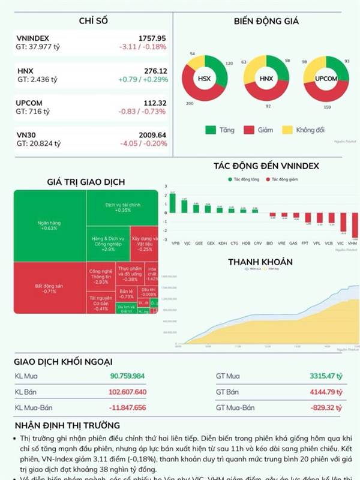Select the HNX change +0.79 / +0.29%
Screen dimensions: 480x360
pyautogui.click(x=143, y=79)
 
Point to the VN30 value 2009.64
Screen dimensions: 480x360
pyautogui.click(x=152, y=135)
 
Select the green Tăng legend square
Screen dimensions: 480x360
pyautogui.click(x=210, y=130)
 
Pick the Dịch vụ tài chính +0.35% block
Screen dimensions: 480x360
pyautogui.click(x=122, y=207)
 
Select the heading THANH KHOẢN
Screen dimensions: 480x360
pyautogui.click(x=260, y=262)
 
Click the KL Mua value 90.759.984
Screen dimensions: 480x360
pyautogui.click(x=127, y=376)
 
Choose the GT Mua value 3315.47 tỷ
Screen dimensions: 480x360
pyautogui.click(x=326, y=376)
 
